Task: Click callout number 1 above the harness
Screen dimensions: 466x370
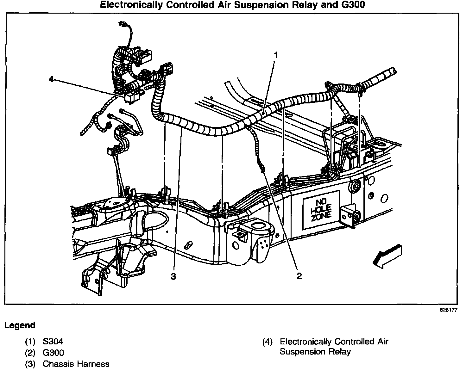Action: [276, 55]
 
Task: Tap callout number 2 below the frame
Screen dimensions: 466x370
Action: [299, 276]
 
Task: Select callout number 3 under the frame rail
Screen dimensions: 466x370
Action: [173, 276]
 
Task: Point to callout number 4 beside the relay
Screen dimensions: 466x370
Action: [51, 79]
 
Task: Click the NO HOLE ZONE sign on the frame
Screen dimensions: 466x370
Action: [321, 210]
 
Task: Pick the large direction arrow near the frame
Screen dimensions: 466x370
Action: [387, 257]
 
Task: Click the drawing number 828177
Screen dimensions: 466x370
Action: [449, 310]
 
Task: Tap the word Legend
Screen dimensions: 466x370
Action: [20, 325]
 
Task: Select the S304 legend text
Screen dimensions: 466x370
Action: [53, 342]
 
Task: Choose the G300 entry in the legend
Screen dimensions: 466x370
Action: [53, 353]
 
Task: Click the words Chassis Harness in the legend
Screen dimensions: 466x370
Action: [76, 364]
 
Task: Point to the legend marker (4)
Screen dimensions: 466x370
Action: [268, 342]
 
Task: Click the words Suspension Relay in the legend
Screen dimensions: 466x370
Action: [315, 352]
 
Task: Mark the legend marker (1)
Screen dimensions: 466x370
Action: [30, 342]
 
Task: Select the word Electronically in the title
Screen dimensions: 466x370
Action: [131, 5]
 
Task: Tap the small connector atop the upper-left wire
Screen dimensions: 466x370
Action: [122, 24]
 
